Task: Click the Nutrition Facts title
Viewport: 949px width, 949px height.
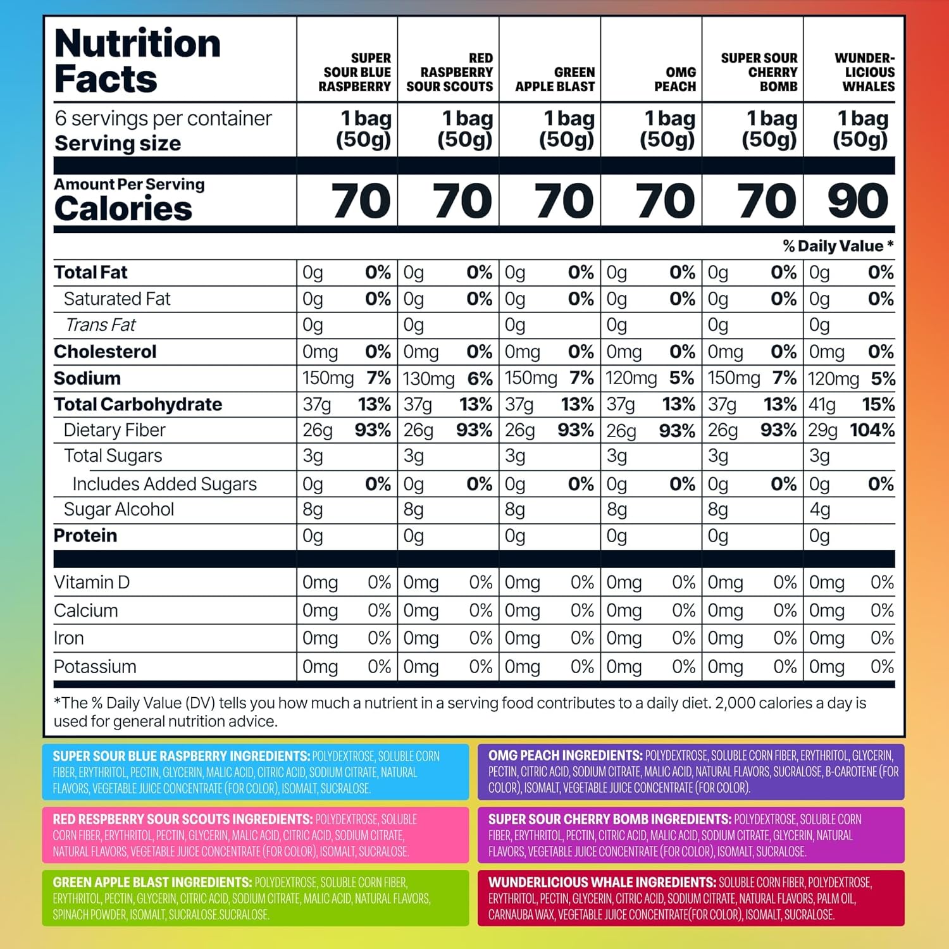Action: click(137, 61)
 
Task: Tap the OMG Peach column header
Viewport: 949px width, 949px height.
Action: click(675, 79)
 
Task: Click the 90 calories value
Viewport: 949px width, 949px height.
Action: click(858, 201)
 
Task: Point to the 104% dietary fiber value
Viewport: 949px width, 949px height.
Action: click(872, 430)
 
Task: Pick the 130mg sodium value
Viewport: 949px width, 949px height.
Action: click(428, 379)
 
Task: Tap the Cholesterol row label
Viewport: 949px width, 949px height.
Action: click(105, 352)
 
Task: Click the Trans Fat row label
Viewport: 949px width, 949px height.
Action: click(101, 325)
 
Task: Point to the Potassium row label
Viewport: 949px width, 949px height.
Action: click(95, 667)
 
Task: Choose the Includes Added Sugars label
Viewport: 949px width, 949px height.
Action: click(164, 484)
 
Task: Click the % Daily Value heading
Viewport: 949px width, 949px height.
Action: click(838, 246)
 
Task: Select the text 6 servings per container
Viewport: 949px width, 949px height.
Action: click(163, 118)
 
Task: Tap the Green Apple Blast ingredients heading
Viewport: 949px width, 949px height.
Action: click(152, 882)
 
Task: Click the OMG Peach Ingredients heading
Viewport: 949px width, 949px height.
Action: click(565, 755)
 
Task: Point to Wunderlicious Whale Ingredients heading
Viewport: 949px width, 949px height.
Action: click(602, 882)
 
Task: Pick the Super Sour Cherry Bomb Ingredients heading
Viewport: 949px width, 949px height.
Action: click(609, 819)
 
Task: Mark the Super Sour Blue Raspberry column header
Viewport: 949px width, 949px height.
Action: click(355, 72)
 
